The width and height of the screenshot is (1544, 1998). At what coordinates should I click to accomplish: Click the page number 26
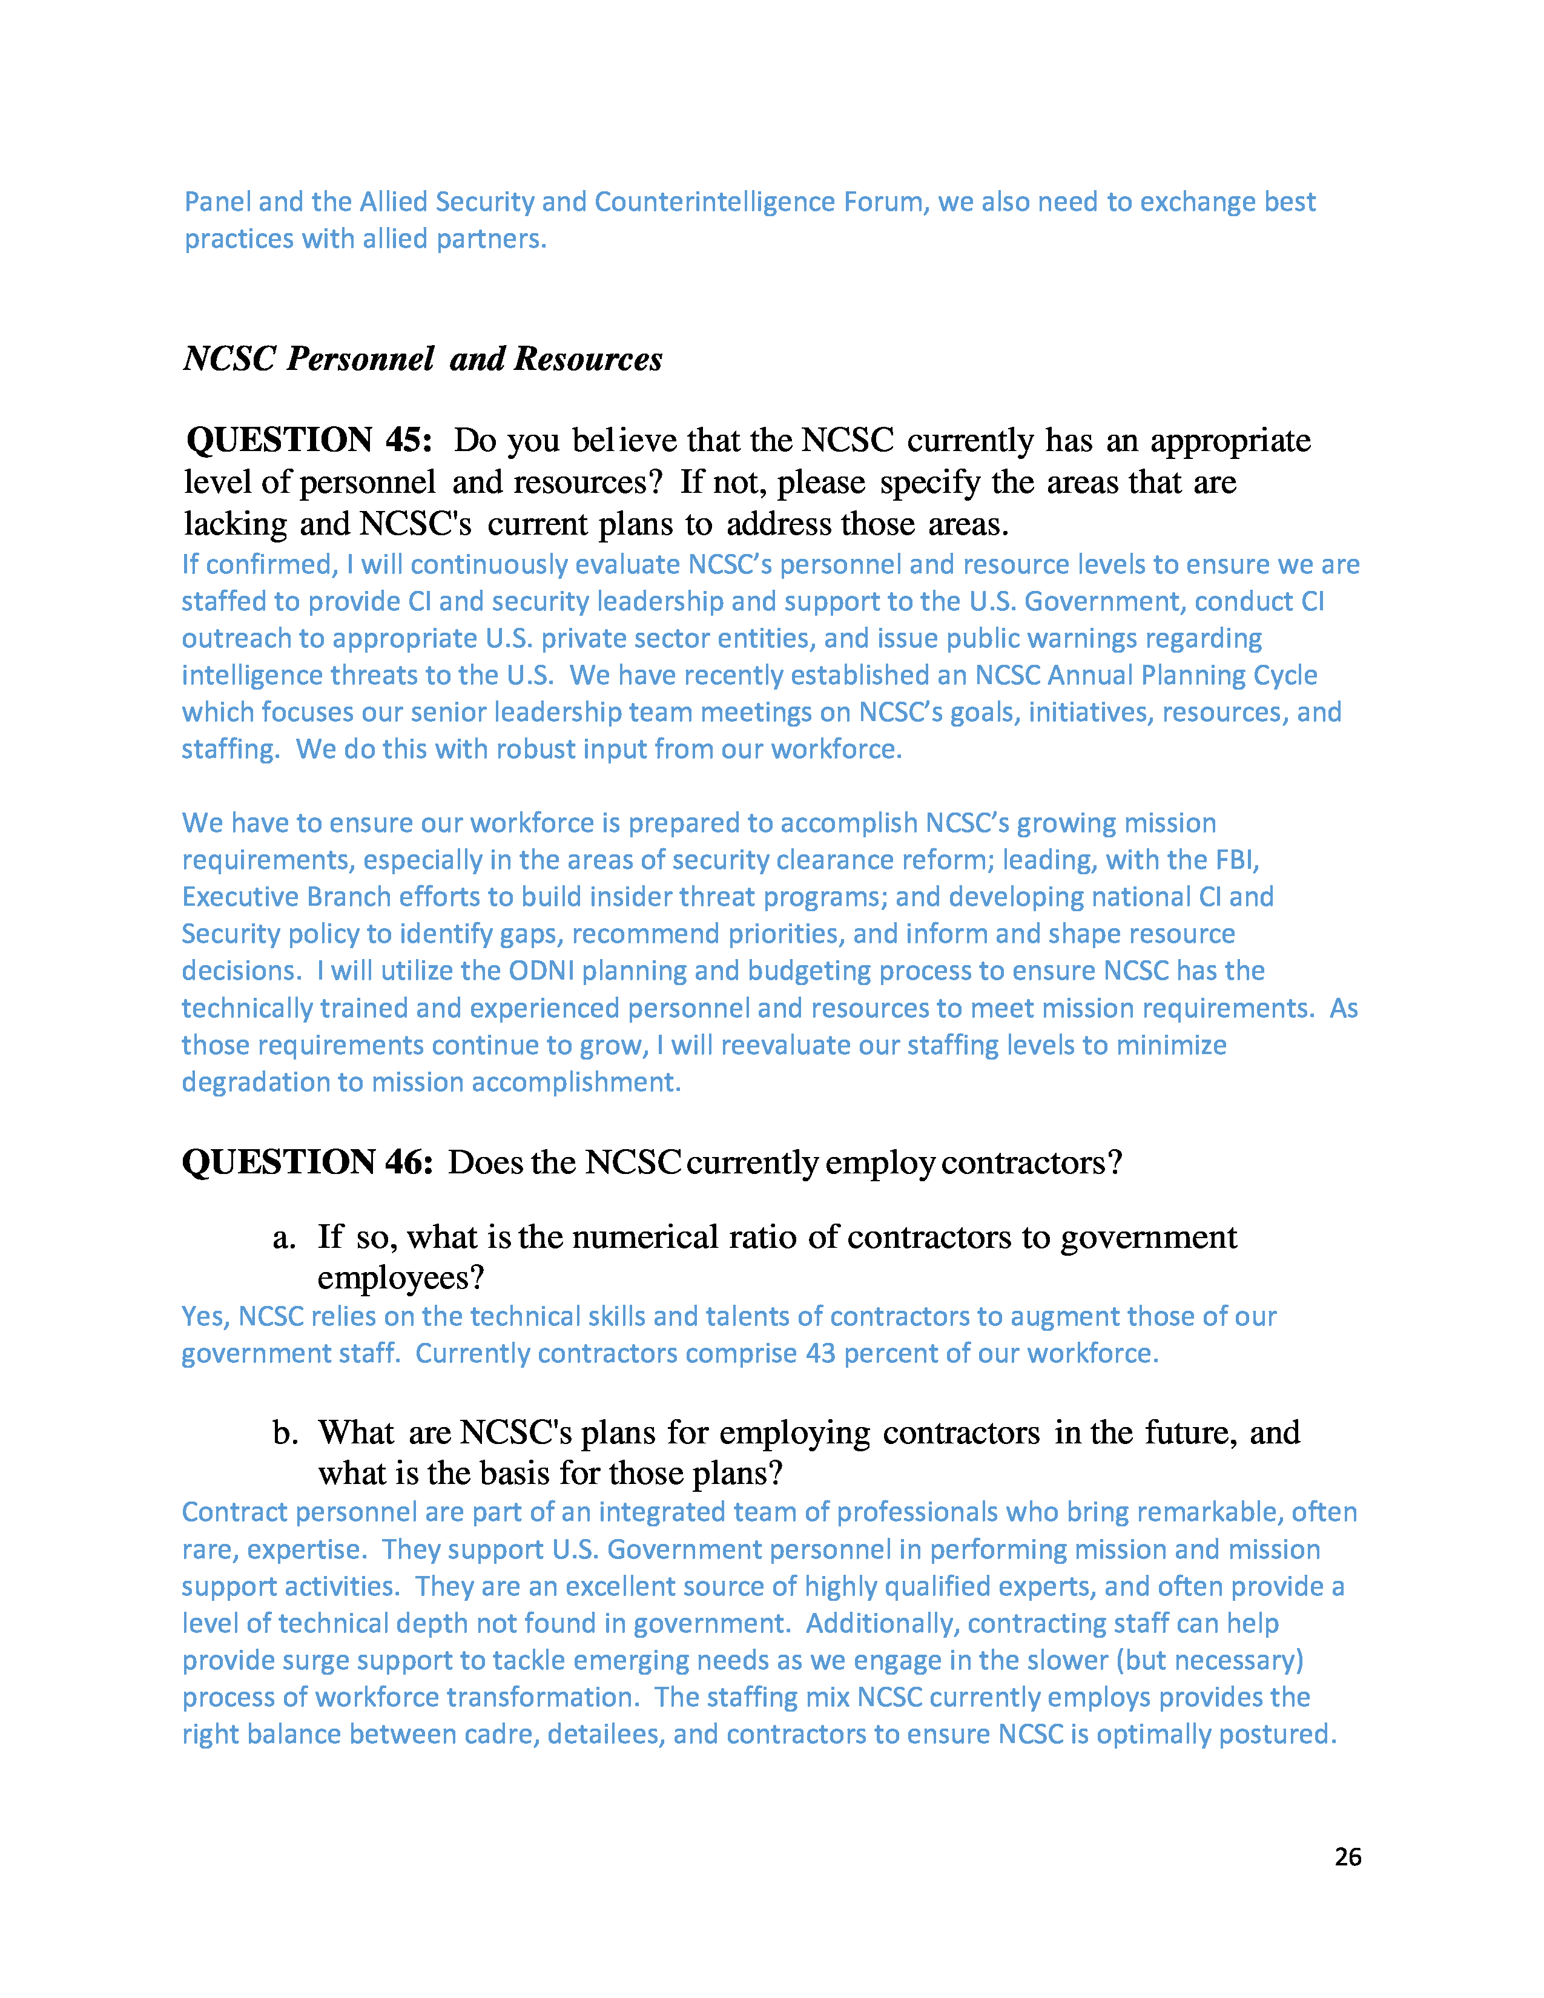pos(1347,1856)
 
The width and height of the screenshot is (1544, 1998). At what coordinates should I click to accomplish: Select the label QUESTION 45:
pos(309,440)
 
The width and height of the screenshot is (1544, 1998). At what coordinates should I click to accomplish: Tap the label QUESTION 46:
pos(308,1162)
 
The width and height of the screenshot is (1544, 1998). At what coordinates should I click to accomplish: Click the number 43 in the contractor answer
pos(820,1353)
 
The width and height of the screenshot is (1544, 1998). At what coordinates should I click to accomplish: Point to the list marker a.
pos(283,1238)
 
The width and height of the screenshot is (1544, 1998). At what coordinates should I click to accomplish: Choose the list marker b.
pos(285,1433)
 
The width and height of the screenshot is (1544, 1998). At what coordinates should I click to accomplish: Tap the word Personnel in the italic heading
pos(360,358)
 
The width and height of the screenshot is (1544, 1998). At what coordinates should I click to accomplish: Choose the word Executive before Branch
pos(240,897)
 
